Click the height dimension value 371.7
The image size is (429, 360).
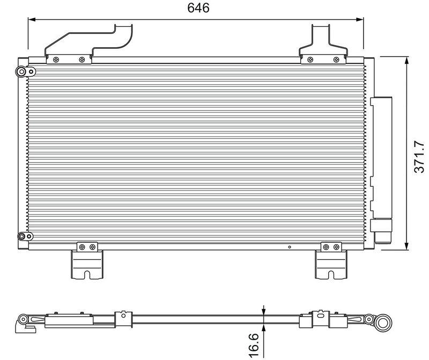click(x=420, y=157)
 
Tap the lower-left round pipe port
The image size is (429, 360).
click(x=21, y=236)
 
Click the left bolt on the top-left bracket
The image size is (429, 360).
click(x=56, y=60)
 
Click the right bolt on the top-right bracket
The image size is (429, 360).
click(x=336, y=60)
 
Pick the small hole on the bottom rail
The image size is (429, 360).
click(x=289, y=247)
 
